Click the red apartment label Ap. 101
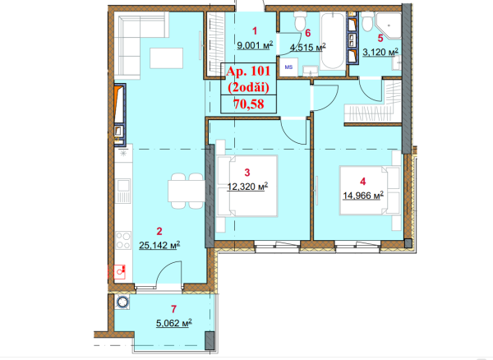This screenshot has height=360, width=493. pos(248,72)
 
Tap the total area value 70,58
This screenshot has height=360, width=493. pos(249,104)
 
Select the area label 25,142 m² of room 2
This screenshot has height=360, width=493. pos(159,245)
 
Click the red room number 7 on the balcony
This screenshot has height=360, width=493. pos(174,309)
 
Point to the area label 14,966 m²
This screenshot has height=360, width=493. pos(363,196)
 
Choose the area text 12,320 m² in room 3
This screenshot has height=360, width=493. pos(247,187)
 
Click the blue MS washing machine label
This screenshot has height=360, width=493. pos(288,67)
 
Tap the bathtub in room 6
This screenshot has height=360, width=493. pos(333,40)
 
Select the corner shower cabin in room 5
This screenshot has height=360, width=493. pos(389,25)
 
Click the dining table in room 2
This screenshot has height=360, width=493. pos(187,191)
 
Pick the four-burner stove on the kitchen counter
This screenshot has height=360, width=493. pos(123,241)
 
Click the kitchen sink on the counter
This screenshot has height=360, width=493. pos(123,191)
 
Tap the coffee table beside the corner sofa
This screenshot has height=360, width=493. pos(166,58)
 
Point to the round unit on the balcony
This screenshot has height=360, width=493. pos(122,302)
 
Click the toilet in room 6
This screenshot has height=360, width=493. pos(300,21)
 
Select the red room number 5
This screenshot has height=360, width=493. pos(380,39)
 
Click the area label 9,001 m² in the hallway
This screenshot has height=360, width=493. pos(255,45)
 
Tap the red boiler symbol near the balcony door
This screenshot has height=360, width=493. pos(120,272)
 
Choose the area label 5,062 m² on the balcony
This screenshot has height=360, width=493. pos(174,323)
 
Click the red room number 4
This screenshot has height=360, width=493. pos(363,182)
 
